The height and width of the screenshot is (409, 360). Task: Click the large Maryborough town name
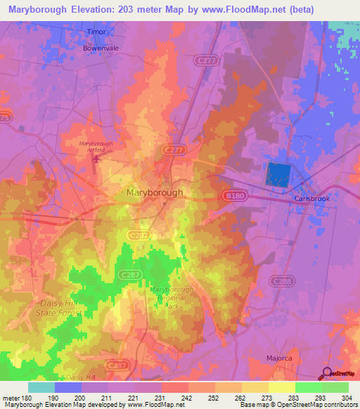(155, 192)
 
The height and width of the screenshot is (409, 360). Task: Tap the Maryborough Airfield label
(96, 145)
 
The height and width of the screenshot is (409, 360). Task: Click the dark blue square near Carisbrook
(278, 174)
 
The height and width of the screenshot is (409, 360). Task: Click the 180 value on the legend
(20, 397)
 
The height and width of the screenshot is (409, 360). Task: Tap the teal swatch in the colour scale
(41, 387)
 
